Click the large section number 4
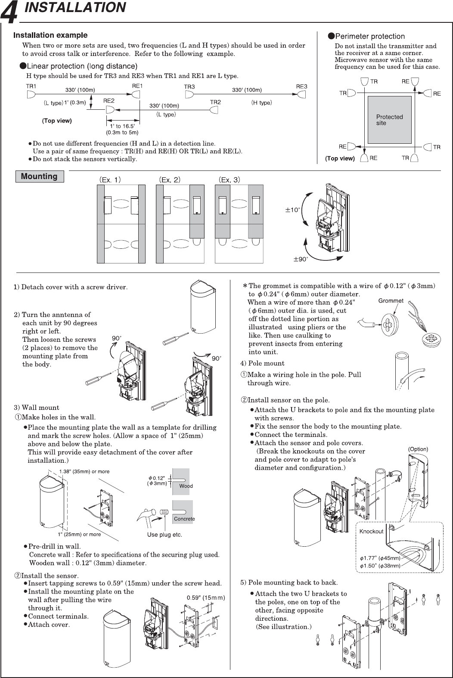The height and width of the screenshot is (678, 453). pyautogui.click(x=9, y=13)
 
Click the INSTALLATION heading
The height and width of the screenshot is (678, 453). pyautogui.click(x=75, y=7)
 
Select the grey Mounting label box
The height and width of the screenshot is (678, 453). pyautogui.click(x=39, y=176)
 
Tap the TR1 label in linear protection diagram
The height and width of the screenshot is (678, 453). pyautogui.click(x=31, y=86)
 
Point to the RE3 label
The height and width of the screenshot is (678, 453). pyautogui.click(x=301, y=87)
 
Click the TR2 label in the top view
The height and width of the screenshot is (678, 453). pyautogui.click(x=215, y=102)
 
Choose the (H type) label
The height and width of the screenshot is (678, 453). pyautogui.click(x=261, y=102)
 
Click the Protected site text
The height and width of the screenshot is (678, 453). pyautogui.click(x=389, y=120)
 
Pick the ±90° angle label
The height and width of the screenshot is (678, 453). pyautogui.click(x=300, y=260)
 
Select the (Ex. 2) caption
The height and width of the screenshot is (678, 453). pyautogui.click(x=170, y=180)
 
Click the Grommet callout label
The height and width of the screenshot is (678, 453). pyautogui.click(x=391, y=301)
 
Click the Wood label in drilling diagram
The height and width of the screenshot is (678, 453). pyautogui.click(x=186, y=486)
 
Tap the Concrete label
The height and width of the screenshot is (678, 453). pyautogui.click(x=184, y=519)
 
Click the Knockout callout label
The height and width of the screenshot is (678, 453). pyautogui.click(x=371, y=531)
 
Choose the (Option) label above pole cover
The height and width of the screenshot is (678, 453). pyautogui.click(x=418, y=449)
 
